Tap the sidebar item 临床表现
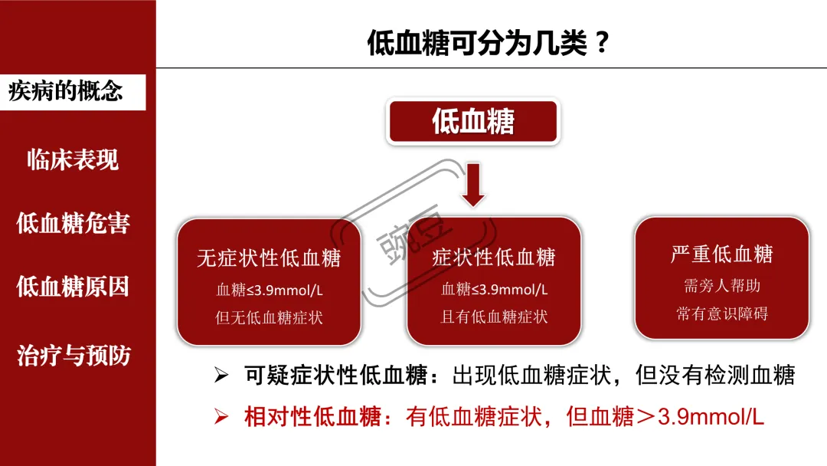click(73, 159)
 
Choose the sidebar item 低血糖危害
click(73, 223)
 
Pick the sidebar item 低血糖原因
click(73, 287)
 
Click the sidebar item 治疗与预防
click(73, 355)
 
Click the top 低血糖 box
click(473, 121)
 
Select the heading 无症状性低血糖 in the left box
click(269, 258)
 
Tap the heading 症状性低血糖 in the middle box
click(494, 258)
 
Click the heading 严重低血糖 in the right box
click(721, 254)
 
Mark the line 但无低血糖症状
click(269, 317)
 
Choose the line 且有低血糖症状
click(494, 317)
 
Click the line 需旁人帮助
click(721, 286)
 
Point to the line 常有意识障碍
click(721, 313)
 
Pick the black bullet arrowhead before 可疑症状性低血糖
click(221, 375)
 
